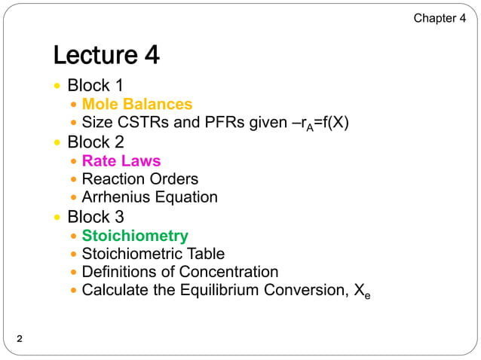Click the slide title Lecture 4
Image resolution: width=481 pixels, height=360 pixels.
click(x=106, y=55)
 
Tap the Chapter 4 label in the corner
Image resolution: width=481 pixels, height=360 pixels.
click(x=440, y=18)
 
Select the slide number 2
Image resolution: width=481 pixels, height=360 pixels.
click(x=20, y=340)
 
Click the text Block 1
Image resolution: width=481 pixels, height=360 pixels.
click(x=96, y=85)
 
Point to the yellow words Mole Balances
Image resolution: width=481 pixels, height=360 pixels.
click(x=136, y=104)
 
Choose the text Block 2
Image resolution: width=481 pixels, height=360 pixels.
click(x=96, y=142)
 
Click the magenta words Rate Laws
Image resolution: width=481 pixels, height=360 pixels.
click(x=121, y=160)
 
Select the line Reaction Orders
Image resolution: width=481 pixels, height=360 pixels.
click(x=139, y=179)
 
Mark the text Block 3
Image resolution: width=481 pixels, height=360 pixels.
click(x=96, y=217)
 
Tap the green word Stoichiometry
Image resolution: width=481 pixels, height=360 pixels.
click(x=135, y=236)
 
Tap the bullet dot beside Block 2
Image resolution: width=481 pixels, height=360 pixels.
click(x=58, y=142)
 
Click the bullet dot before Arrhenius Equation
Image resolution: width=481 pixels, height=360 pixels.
click(x=73, y=198)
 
